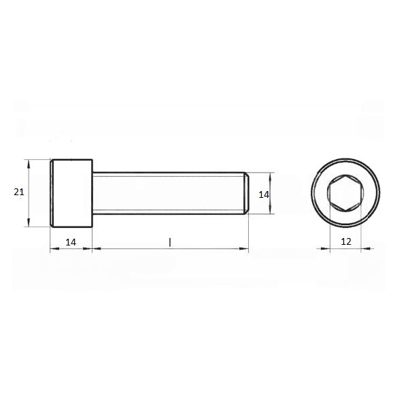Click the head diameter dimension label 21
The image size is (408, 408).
19,192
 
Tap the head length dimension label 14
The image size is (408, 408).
71,242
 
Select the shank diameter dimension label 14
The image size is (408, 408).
264,194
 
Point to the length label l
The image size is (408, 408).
170,242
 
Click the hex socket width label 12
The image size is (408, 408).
346,241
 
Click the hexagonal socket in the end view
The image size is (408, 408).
345,193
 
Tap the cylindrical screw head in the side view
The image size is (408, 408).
71,193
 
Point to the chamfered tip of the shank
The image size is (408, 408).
246,193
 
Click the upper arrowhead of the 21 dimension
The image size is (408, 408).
29,164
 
